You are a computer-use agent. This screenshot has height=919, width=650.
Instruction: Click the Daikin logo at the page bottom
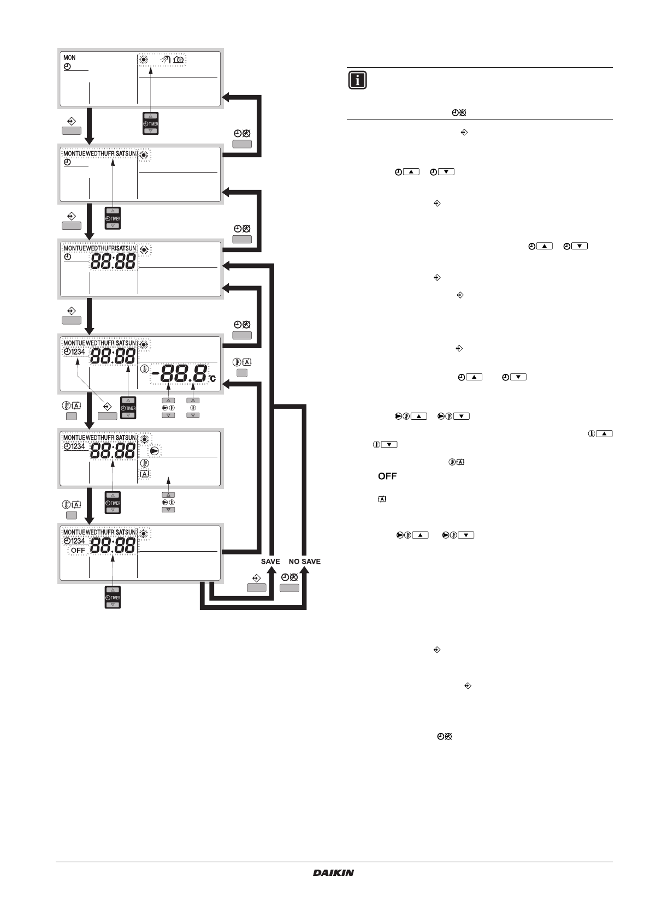[333, 873]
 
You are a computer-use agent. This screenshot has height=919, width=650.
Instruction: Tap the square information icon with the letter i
[357, 80]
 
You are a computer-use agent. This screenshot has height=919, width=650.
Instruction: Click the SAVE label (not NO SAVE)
[270, 562]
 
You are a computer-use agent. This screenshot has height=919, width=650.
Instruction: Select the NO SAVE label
[305, 562]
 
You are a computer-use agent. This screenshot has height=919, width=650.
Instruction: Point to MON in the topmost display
[69, 57]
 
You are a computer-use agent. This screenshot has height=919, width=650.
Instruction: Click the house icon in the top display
[178, 58]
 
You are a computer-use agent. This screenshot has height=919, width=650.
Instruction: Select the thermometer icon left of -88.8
[144, 369]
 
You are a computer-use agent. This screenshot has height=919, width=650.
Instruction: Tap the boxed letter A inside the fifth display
[144, 474]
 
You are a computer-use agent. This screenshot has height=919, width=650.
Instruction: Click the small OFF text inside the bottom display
[78, 550]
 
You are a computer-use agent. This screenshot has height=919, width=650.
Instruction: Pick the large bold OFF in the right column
[387, 476]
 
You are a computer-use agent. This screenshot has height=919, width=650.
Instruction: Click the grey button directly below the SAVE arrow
[257, 588]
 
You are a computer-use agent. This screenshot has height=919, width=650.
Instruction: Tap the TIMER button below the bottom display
[113, 598]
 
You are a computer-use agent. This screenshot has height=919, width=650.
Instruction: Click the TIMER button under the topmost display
[150, 124]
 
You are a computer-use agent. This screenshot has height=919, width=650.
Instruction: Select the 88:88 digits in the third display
[113, 262]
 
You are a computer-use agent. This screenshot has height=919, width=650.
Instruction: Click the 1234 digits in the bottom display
[78, 541]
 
